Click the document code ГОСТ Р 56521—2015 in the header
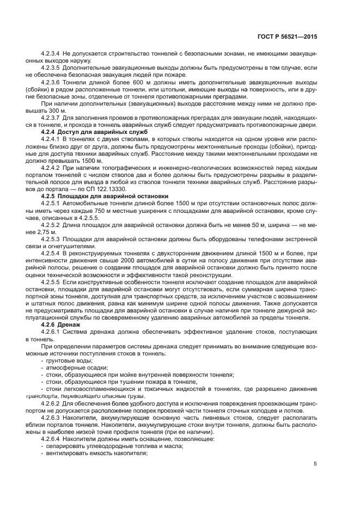point(287,37)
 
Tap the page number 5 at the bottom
point(315,463)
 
